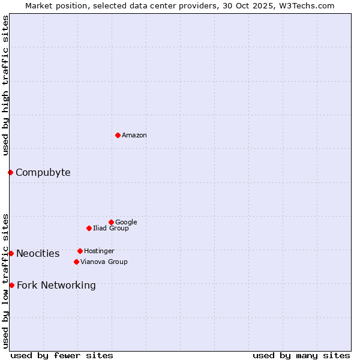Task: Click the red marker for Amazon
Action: pyautogui.click(x=118, y=135)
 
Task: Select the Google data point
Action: pyautogui.click(x=111, y=222)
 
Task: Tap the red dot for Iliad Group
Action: pyautogui.click(x=89, y=228)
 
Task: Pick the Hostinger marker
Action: pyautogui.click(x=80, y=251)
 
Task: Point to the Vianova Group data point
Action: pyautogui.click(x=76, y=262)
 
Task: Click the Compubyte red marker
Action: pyautogui.click(x=10, y=172)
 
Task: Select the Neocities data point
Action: pyautogui.click(x=11, y=253)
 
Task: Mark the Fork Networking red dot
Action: pyautogui.click(x=11, y=285)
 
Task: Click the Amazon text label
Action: pyautogui.click(x=134, y=136)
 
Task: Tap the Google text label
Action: pyautogui.click(x=126, y=222)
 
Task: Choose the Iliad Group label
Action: pyautogui.click(x=111, y=228)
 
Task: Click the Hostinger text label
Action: pyautogui.click(x=99, y=251)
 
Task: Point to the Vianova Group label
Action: pyautogui.click(x=104, y=262)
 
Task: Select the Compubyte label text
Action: pyautogui.click(x=43, y=173)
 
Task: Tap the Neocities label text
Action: pyautogui.click(x=38, y=254)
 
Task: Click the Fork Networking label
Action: pyautogui.click(x=56, y=286)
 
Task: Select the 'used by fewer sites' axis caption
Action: pyautogui.click(x=62, y=355)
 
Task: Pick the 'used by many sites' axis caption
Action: pyautogui.click(x=301, y=355)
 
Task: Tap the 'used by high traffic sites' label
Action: pyautogui.click(x=6, y=85)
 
